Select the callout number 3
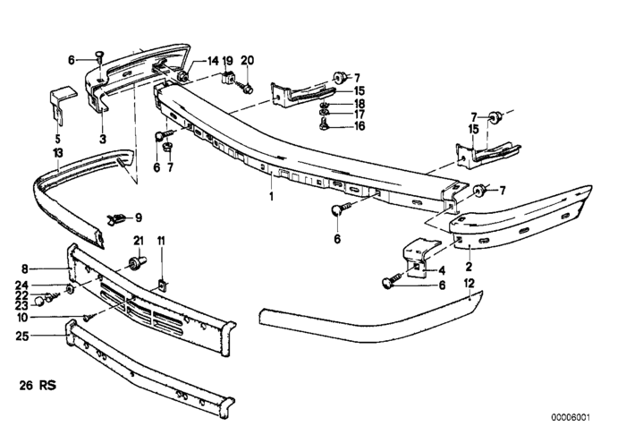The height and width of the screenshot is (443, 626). click(x=102, y=139)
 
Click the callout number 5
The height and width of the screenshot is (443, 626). click(x=58, y=139)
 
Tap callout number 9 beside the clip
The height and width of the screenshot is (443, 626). click(x=139, y=217)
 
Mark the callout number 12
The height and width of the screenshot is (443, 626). click(x=469, y=283)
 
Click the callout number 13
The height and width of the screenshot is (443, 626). click(x=58, y=153)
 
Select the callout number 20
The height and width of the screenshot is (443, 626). click(x=248, y=61)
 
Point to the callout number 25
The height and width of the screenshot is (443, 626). click(x=23, y=337)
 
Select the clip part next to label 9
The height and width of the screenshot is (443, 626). click(x=115, y=217)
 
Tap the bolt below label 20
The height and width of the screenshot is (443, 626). click(x=246, y=87)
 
